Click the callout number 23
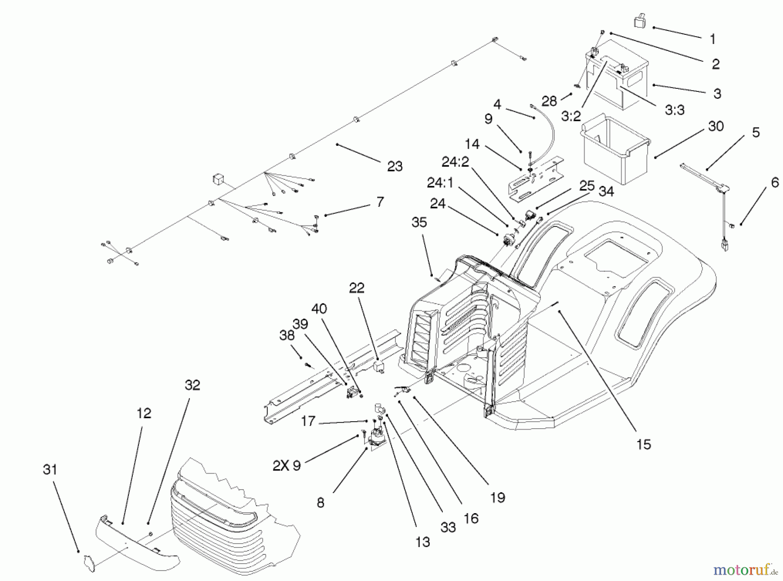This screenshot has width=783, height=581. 395,166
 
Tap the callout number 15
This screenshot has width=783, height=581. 643,444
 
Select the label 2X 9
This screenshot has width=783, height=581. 287,466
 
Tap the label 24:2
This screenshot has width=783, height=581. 455,161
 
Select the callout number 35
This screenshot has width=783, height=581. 419,222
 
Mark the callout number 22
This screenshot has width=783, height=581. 357,288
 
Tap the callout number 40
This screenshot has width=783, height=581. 319,309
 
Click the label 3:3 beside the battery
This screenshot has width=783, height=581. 674,110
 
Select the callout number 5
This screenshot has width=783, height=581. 756,132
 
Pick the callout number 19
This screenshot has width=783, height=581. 497,497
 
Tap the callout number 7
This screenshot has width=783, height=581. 380,202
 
